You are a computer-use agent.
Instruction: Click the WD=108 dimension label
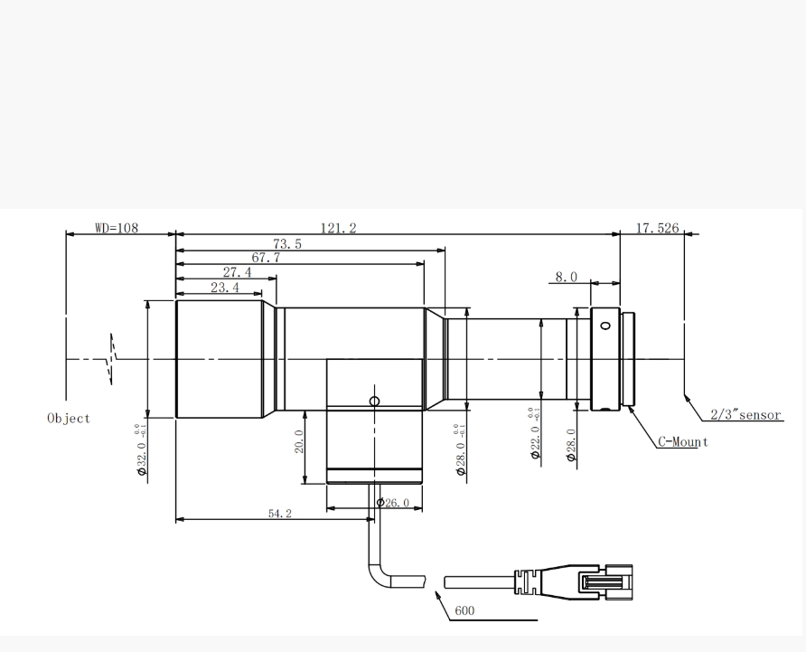pyautogui.click(x=117, y=228)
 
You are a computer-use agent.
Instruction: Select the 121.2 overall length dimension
pyautogui.click(x=338, y=228)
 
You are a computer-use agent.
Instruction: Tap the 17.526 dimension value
pyautogui.click(x=658, y=228)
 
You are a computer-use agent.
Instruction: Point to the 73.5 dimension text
pyautogui.click(x=287, y=244)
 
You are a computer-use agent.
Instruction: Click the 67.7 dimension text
pyautogui.click(x=266, y=258)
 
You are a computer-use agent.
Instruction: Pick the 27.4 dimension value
pyautogui.click(x=237, y=271)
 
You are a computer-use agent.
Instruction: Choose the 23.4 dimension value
pyautogui.click(x=225, y=288)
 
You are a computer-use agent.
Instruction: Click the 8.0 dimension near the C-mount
pyautogui.click(x=566, y=277)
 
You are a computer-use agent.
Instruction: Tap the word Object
pyautogui.click(x=69, y=419)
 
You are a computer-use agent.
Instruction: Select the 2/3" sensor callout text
pyautogui.click(x=745, y=415)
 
